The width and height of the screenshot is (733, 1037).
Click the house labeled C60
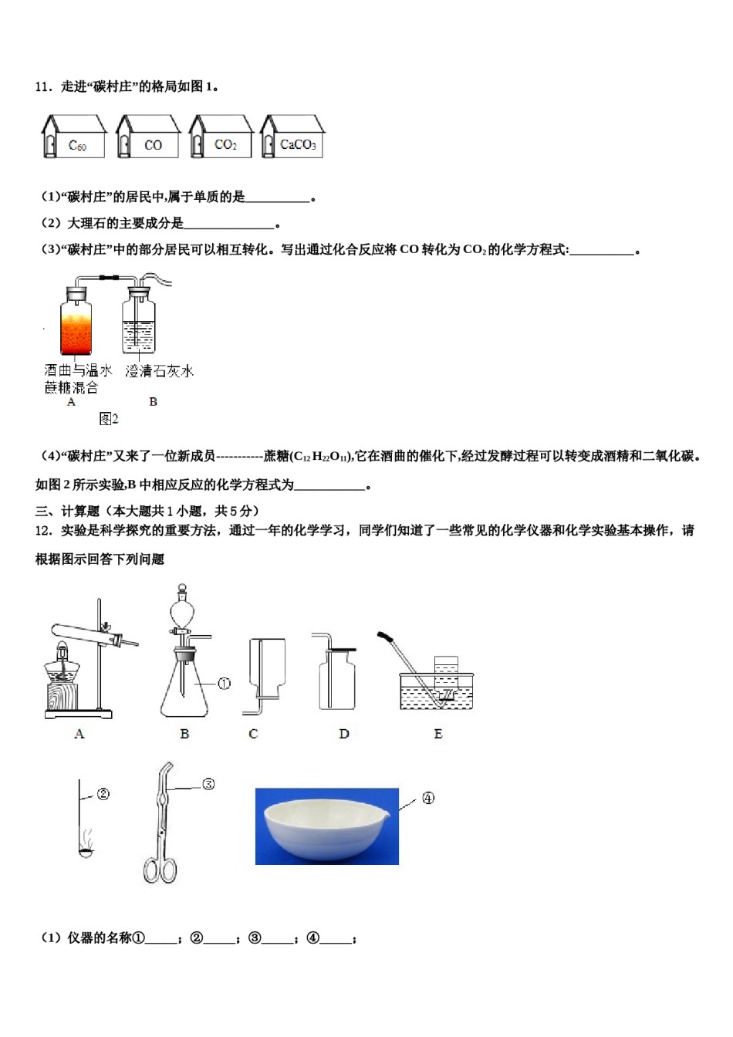[x=74, y=137]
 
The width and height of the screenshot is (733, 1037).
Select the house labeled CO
[x=147, y=137]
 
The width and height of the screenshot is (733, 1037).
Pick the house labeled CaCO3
[x=292, y=137]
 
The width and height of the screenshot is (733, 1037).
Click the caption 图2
[x=109, y=419]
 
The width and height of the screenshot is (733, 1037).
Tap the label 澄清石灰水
[x=160, y=371]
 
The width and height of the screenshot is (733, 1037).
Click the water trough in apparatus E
[x=436, y=691]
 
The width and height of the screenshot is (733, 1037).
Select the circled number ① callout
[x=224, y=684]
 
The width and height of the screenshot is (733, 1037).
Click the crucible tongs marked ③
[x=162, y=826]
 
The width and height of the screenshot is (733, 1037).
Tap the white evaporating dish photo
[x=326, y=826]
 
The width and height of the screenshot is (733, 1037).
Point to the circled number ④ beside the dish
[x=428, y=799]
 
